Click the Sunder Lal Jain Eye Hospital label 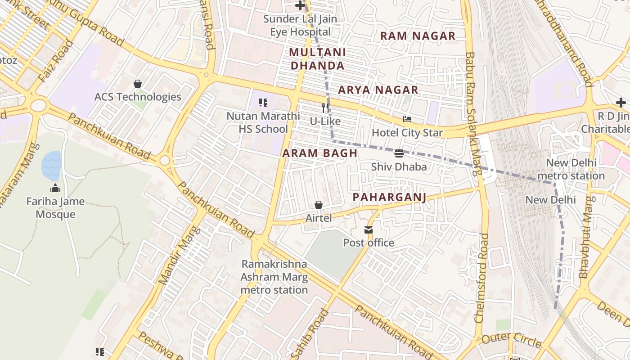coord(300,25)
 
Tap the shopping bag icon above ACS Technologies coord(138,84)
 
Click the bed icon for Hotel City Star coord(407,120)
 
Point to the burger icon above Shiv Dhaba coord(399,153)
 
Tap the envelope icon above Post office coord(369,230)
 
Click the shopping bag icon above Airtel coord(319,205)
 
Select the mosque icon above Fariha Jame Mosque coord(55,188)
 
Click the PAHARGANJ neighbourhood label coord(389,197)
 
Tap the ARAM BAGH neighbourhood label coord(320,153)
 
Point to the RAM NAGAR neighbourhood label coord(418,36)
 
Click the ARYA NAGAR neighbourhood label coord(378,90)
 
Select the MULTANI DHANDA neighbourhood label coord(318,59)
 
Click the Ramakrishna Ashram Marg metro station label coord(274,277)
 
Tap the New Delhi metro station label coord(571,169)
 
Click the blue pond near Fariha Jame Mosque coord(51,165)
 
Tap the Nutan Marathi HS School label coord(263,122)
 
